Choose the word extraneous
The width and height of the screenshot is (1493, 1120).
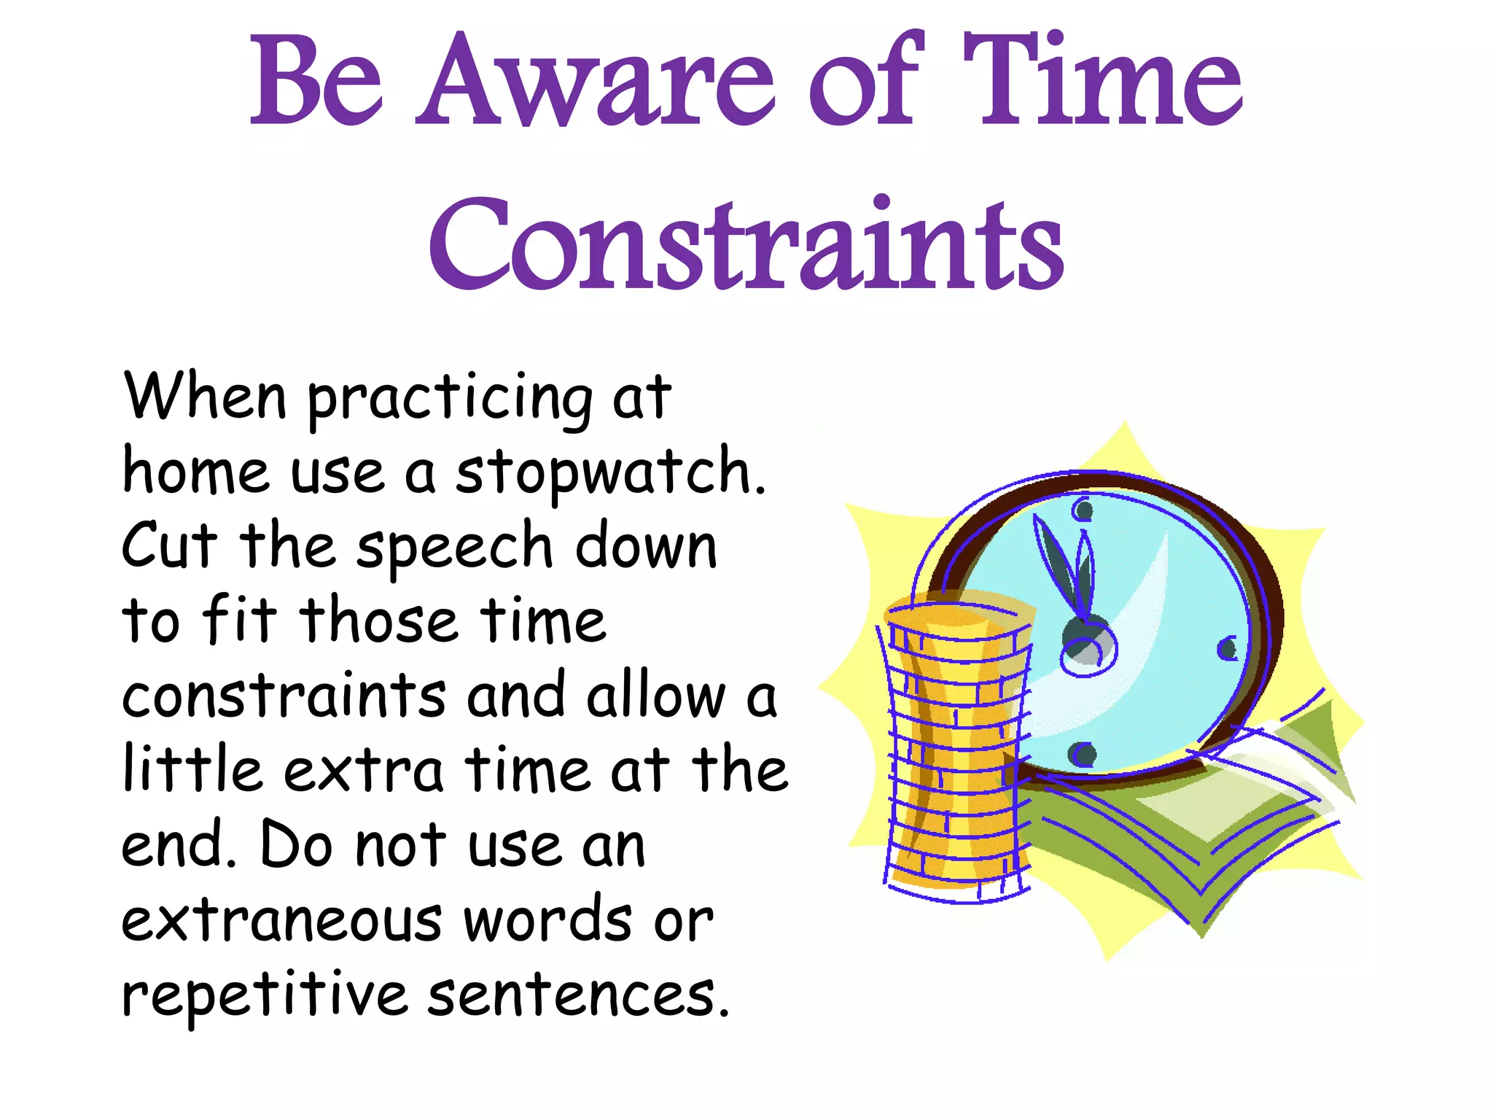(x=281, y=920)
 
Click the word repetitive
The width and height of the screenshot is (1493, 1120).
(x=264, y=995)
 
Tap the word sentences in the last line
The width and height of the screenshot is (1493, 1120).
(x=577, y=995)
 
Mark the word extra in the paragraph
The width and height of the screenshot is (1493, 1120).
(x=363, y=771)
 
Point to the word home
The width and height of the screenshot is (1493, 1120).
(x=195, y=472)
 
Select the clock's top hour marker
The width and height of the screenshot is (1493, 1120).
(x=1083, y=510)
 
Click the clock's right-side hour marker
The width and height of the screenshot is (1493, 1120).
(x=1227, y=647)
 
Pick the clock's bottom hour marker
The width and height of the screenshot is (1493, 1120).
(x=1083, y=754)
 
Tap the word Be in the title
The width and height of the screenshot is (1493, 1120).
(x=316, y=82)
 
